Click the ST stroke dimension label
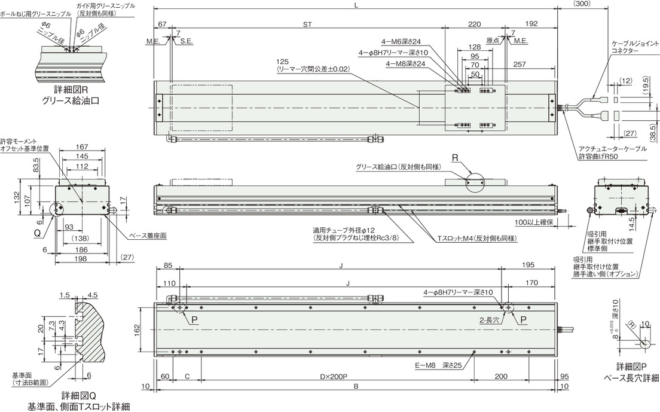pos(307,25)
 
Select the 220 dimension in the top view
pos(475,25)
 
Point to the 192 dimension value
pos(531,25)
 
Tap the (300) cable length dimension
pos(582,4)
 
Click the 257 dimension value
pos(520,65)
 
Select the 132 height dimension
pos(17,197)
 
